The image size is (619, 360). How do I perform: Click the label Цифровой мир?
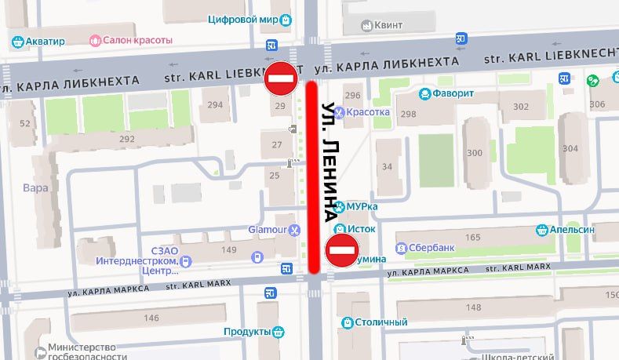(x=245, y=19)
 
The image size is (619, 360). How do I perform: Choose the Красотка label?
(x=368, y=111)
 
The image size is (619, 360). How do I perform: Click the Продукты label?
(x=247, y=332)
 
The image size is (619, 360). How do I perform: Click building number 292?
(x=127, y=139)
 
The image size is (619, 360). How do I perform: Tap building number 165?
(x=472, y=237)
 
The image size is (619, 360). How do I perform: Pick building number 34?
(x=387, y=166)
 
